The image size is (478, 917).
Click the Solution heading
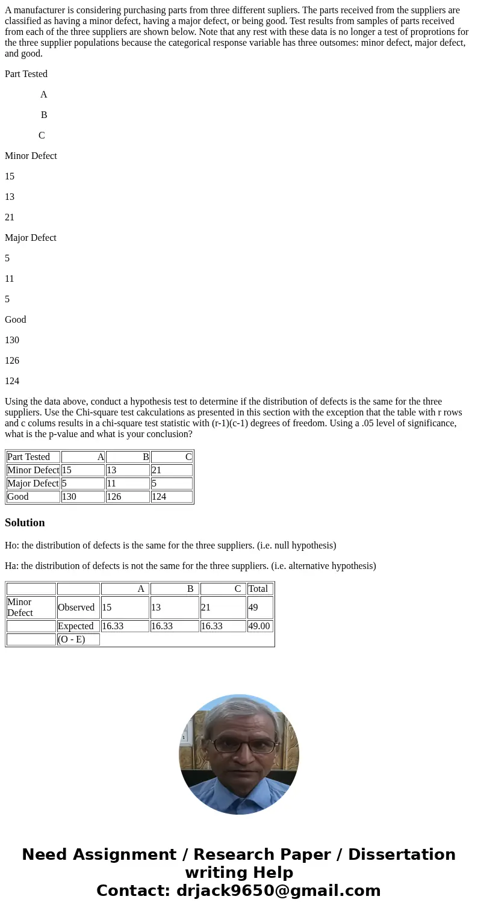point(25,523)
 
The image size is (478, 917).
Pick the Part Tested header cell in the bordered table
point(33,457)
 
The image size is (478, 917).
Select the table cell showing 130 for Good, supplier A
point(82,497)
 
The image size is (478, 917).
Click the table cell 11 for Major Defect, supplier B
point(127,483)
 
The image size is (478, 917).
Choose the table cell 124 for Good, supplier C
point(171,497)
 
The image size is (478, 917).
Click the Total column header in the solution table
point(259,589)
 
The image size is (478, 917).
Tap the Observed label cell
point(78,608)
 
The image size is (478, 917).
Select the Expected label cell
point(78,626)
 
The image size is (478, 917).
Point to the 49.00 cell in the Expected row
point(259,626)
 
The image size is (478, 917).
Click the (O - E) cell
point(78,639)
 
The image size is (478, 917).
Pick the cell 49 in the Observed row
point(259,608)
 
